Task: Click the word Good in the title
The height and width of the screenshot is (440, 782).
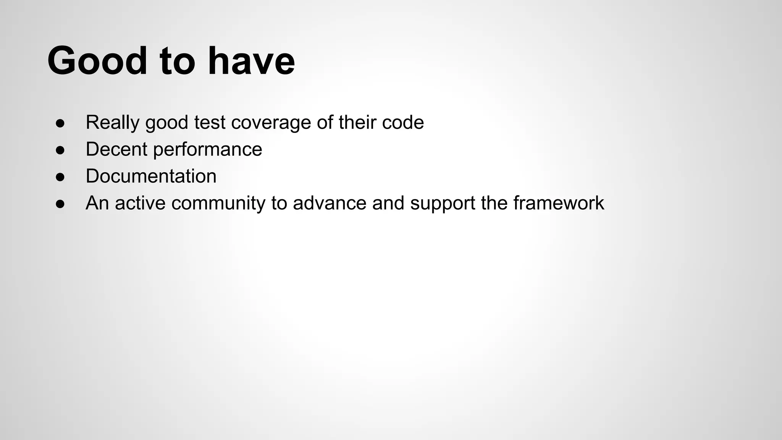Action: pos(97,61)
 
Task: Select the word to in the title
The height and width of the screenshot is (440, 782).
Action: pos(177,61)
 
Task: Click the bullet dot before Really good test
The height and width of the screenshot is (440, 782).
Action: pos(60,123)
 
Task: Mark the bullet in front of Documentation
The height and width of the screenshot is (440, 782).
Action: pos(60,177)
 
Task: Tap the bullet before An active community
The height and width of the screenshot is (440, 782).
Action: pos(60,204)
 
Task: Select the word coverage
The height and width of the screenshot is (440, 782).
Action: pos(271,123)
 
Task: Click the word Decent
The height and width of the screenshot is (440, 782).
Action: pos(116,149)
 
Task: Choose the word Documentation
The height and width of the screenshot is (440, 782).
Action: pos(151,176)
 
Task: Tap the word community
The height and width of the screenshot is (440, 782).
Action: pos(218,203)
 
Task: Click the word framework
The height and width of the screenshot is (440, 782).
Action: pos(559,203)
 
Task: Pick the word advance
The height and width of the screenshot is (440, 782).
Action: pos(330,203)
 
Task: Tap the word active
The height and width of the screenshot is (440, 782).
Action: pos(140,203)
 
